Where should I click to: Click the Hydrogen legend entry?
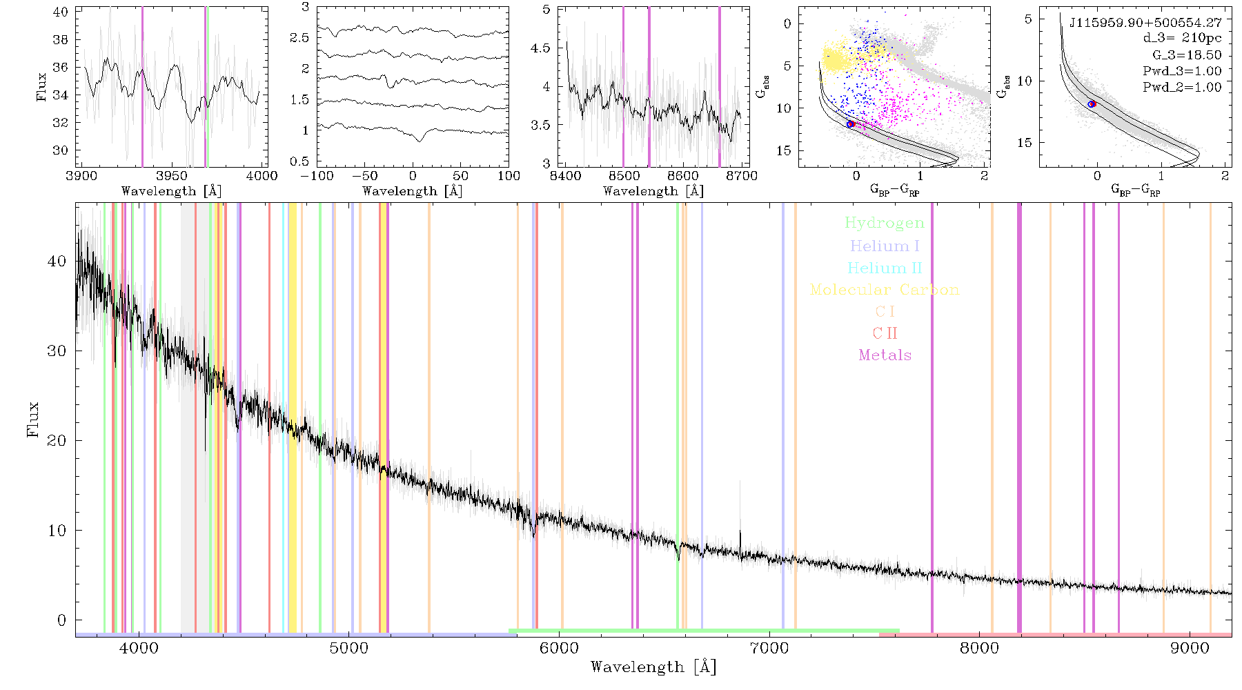[x=884, y=223]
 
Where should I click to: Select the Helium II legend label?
[x=884, y=268]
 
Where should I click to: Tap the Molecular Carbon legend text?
[x=885, y=290]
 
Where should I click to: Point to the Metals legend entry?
[x=885, y=355]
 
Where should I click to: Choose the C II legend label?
[x=885, y=333]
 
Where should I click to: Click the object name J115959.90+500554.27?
[x=1145, y=23]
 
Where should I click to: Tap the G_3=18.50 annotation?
[x=1187, y=55]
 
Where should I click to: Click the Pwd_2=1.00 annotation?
[x=1182, y=88]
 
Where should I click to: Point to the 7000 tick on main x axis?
[x=769, y=648]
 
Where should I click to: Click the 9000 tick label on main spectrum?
[x=1190, y=648]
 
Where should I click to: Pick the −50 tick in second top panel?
[x=364, y=175]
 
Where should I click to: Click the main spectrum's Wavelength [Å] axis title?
[x=653, y=667]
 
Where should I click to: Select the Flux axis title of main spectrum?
[x=32, y=420]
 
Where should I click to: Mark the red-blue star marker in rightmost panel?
[x=1092, y=104]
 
